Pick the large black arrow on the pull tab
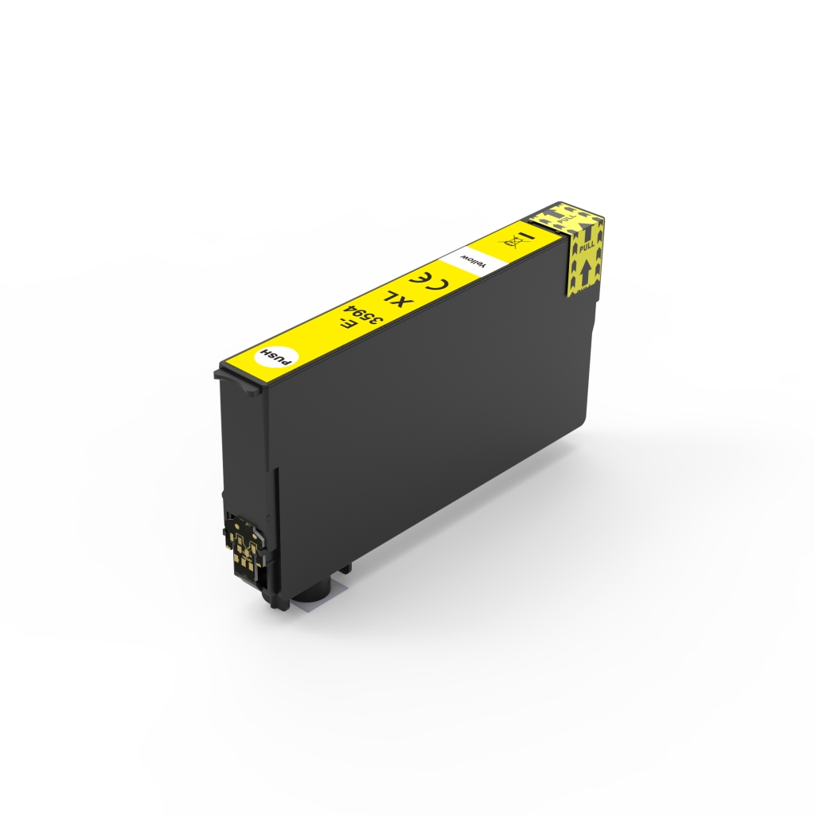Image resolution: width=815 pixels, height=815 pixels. point(585,271)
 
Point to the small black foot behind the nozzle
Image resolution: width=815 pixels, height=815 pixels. point(345,568)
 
